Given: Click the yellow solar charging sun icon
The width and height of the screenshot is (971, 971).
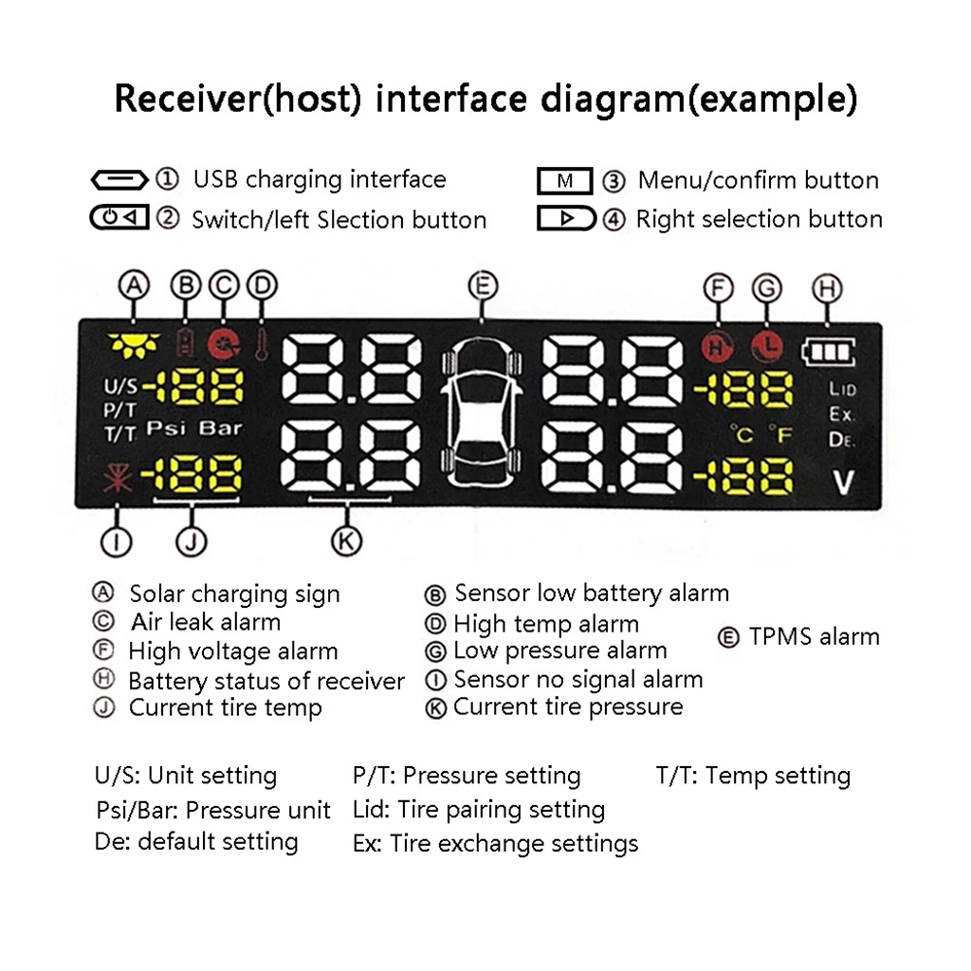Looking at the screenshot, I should (x=130, y=344).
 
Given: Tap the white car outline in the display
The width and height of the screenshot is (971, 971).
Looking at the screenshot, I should (x=483, y=413).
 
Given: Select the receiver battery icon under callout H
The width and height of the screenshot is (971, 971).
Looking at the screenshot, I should (x=828, y=353).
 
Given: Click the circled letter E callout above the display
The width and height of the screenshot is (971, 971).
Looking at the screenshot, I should (x=483, y=285).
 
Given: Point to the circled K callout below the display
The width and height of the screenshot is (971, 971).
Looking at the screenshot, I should (x=346, y=540).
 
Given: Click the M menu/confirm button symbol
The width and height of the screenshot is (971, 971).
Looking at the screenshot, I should (x=564, y=180).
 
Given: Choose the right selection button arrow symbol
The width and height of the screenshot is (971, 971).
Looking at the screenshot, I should (x=566, y=219).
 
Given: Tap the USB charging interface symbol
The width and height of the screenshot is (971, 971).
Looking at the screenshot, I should (x=119, y=179).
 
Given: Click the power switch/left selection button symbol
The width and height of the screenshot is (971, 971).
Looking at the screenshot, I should (x=119, y=218).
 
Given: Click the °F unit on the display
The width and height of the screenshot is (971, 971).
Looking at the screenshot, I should (x=779, y=434).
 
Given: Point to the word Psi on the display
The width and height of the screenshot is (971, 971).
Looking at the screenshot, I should (x=167, y=429).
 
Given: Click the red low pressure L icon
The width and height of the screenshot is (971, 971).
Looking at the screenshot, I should (x=767, y=346).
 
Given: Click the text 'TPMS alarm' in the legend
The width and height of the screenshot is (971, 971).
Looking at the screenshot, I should (x=814, y=636).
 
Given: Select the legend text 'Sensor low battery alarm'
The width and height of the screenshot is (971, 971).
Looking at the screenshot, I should (x=592, y=594).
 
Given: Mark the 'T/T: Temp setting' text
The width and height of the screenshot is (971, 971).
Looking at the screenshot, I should (x=753, y=776).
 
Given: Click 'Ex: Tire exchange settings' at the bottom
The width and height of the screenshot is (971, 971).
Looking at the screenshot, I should (x=495, y=843).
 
